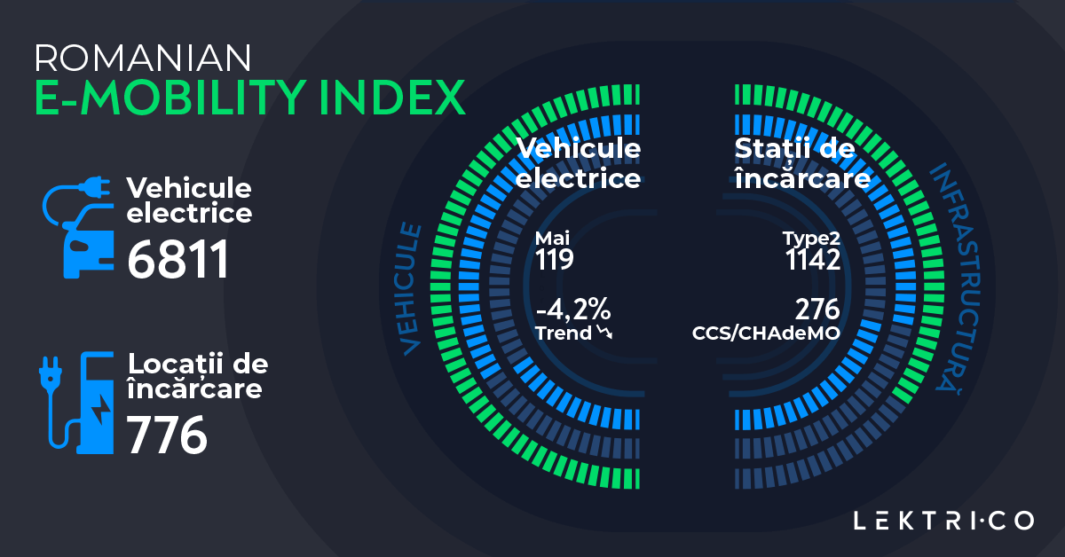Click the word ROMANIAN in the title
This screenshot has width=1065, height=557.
(143, 58)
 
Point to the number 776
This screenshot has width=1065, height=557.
(167, 434)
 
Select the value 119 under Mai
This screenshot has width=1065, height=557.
(555, 259)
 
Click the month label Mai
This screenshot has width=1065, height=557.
(552, 239)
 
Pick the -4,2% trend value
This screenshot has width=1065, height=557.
(573, 310)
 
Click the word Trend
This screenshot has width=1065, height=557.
(564, 333)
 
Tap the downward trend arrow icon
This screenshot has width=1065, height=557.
(606, 333)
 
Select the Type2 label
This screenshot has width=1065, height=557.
(811, 239)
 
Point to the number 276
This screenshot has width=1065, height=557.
(817, 310)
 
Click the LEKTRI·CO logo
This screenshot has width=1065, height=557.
(943, 520)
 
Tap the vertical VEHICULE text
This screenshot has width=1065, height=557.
(410, 289)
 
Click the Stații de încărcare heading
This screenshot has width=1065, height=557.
(801, 163)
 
